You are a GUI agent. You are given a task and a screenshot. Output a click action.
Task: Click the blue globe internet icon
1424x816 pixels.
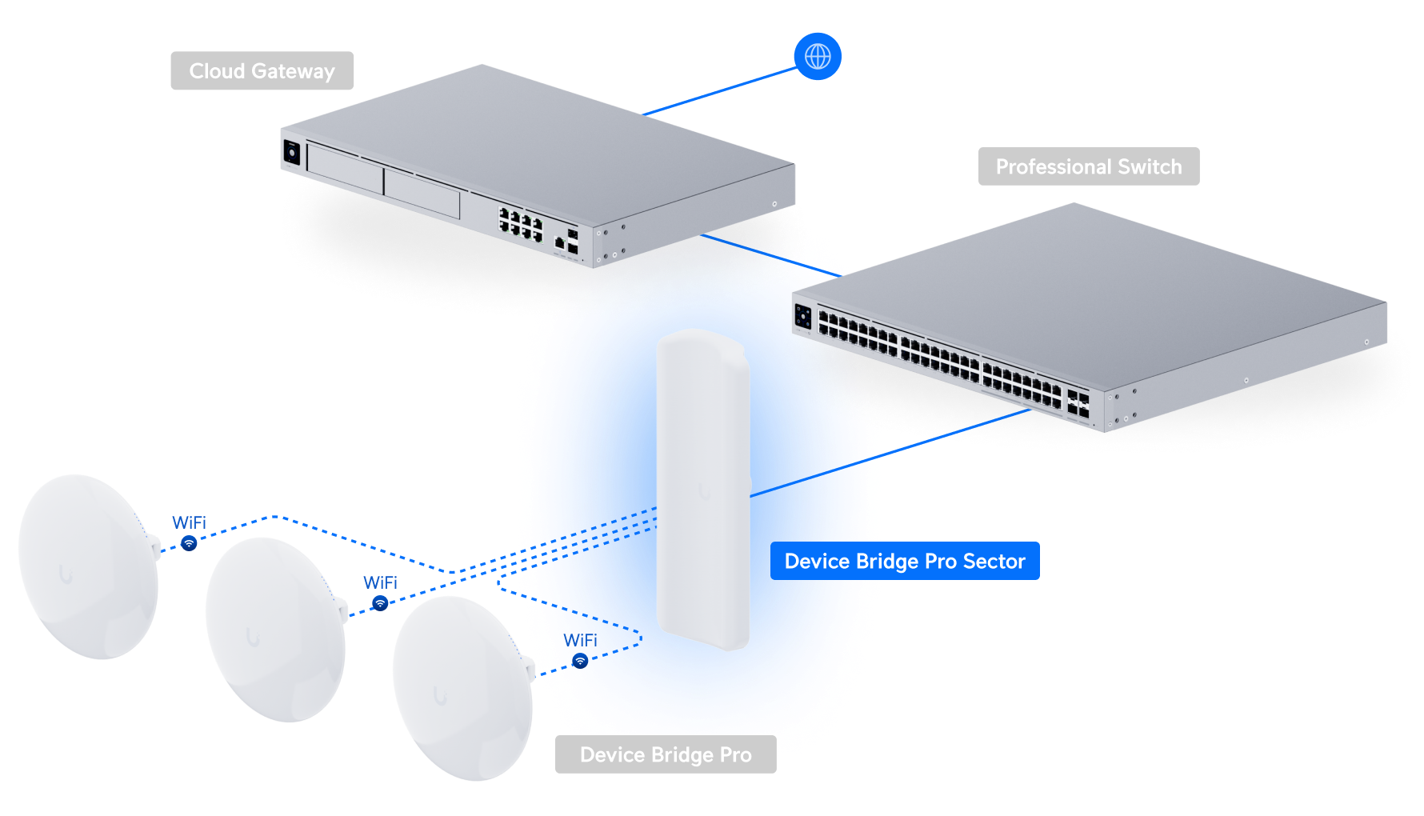click(x=818, y=57)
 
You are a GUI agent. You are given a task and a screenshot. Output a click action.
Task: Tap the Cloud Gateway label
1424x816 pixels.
click(x=262, y=71)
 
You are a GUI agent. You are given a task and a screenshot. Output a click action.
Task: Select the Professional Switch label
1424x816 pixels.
click(x=1088, y=166)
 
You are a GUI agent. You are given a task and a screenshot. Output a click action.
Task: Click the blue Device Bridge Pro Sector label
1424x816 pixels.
click(x=905, y=561)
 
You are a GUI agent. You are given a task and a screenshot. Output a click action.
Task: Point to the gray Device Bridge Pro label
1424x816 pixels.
click(x=666, y=754)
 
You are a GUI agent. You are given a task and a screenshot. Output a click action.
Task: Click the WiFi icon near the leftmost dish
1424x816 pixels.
click(x=189, y=544)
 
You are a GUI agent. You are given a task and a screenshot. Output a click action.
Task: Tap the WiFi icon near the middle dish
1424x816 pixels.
click(x=381, y=603)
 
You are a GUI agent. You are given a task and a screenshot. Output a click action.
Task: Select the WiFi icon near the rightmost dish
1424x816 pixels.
click(x=580, y=661)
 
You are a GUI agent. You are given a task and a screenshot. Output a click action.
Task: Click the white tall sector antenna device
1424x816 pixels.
click(x=702, y=490)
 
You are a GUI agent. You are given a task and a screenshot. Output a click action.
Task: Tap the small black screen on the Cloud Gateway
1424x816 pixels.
click(x=291, y=152)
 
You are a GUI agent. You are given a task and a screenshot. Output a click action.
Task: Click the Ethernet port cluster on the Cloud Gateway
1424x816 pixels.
click(x=521, y=223)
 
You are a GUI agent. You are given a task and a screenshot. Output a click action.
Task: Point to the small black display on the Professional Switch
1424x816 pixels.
click(x=802, y=317)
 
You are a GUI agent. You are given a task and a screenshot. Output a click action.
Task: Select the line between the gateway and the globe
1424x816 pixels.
click(x=721, y=91)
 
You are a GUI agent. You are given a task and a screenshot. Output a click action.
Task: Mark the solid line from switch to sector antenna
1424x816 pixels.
click(x=890, y=453)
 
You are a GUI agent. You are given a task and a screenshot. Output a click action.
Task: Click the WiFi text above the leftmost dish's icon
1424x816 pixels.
click(x=189, y=522)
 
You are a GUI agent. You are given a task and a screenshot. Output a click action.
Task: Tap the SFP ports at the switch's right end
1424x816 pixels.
click(x=1078, y=405)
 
